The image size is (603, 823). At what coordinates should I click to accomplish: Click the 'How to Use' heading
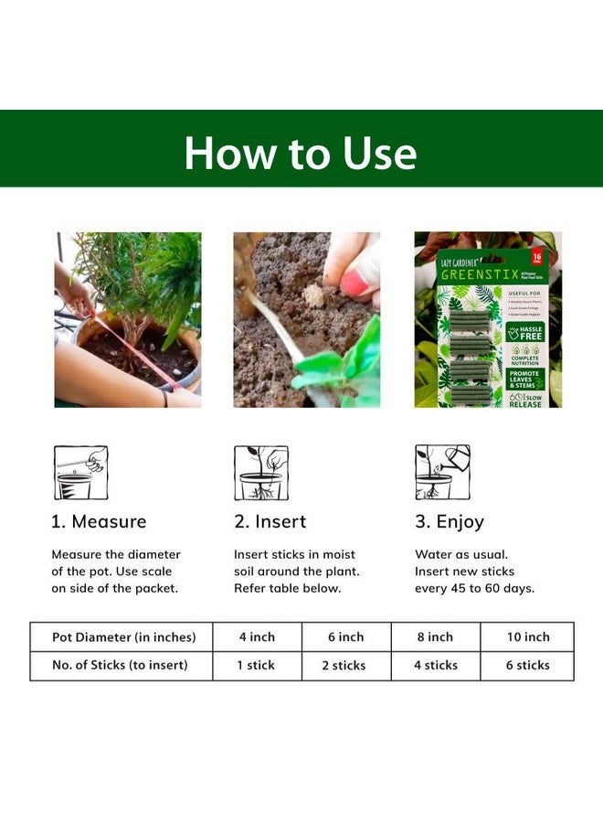301,153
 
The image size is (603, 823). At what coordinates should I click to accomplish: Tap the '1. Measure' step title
99,522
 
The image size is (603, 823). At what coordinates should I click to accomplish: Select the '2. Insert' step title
270,522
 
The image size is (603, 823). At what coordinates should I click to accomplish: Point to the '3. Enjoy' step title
450,522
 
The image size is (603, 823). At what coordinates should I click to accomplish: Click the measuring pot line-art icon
80,473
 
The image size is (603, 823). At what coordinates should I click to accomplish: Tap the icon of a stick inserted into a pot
261,473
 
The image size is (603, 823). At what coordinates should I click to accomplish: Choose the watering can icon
442,473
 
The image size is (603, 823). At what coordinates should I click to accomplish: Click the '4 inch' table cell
257,637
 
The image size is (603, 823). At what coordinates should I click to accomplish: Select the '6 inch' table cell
345,637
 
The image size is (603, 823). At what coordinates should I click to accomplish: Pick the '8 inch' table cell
435,637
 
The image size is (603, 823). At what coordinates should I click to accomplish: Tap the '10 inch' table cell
528,637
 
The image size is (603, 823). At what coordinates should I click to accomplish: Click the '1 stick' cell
257,666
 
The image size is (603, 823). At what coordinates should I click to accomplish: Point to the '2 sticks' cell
345,666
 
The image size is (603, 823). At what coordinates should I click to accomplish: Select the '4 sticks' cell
435,666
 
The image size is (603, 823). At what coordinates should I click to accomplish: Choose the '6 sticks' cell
528,666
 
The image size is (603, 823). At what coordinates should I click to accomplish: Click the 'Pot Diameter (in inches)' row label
121,637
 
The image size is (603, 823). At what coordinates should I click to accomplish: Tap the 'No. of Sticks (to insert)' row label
121,666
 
